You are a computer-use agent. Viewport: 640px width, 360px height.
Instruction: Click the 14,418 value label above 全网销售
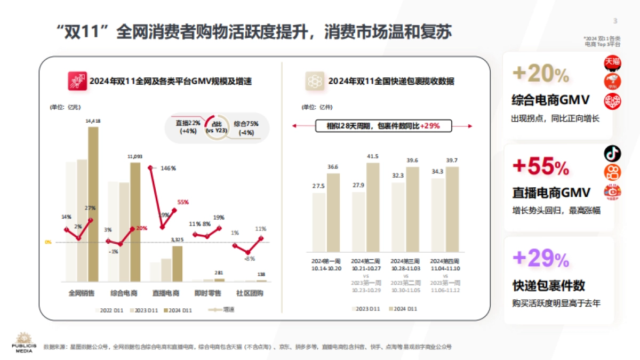[x=93, y=121]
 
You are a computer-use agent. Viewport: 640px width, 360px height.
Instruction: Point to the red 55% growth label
[x=183, y=202]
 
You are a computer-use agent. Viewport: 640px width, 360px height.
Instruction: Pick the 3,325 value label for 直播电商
[x=177, y=241]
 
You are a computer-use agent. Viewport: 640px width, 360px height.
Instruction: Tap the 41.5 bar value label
[x=373, y=156]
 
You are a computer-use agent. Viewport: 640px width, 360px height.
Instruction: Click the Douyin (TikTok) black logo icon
[x=612, y=154]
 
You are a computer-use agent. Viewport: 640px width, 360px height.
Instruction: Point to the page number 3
[x=615, y=21]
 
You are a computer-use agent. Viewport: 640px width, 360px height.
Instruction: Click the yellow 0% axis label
[x=48, y=242]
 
